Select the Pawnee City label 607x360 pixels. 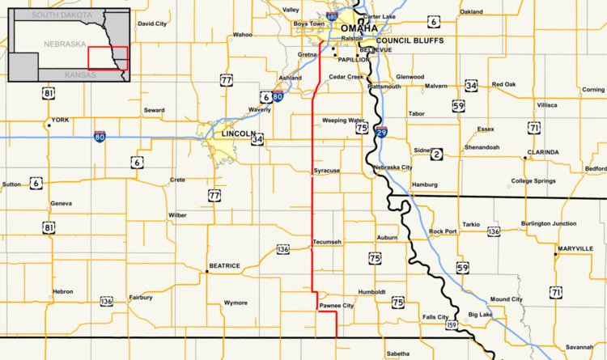337,306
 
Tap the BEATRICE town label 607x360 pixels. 225,265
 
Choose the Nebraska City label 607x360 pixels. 394,167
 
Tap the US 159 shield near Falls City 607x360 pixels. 452,324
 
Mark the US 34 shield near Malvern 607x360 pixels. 472,85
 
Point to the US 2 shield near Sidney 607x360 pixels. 438,154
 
